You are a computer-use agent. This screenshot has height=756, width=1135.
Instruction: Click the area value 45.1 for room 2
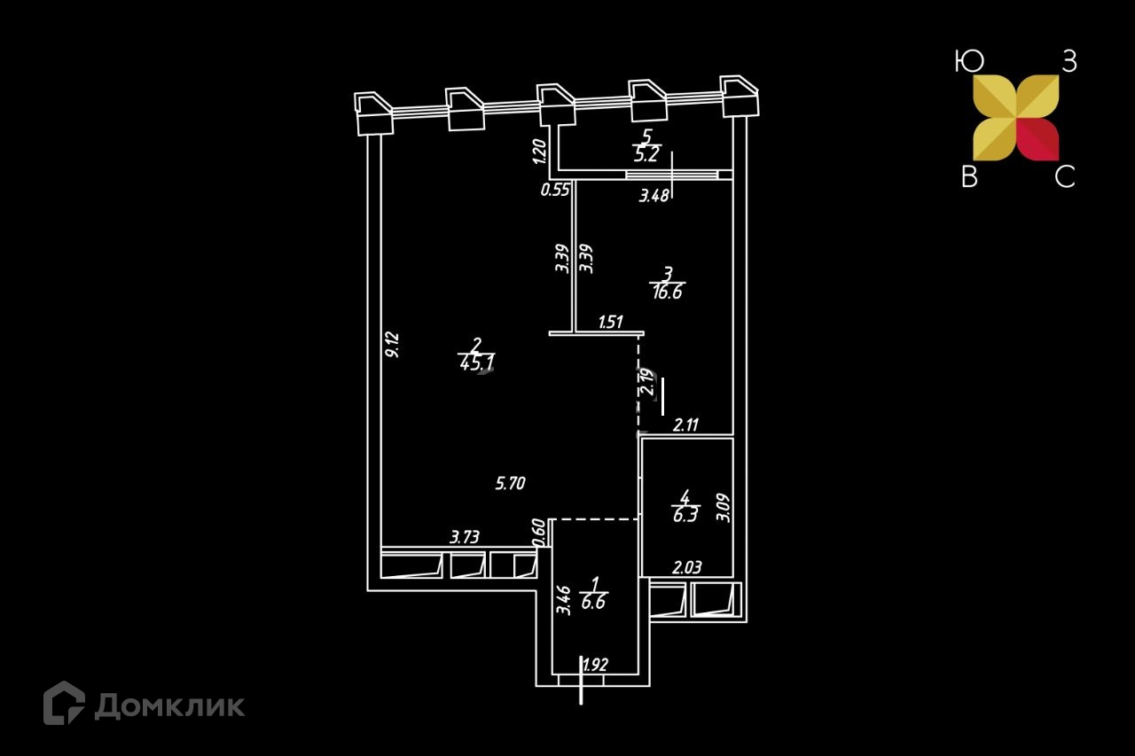coord(477,362)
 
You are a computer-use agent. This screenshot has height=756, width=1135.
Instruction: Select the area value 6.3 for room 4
coord(684,515)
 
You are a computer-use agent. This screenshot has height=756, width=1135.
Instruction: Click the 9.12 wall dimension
coord(393,344)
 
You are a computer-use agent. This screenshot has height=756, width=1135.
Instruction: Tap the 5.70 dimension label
coord(511,483)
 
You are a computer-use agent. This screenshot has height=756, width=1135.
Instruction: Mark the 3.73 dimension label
coord(466,536)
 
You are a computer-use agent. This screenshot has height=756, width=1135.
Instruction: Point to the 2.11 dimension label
coord(686,425)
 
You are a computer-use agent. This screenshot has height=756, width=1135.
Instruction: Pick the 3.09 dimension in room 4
coord(723,507)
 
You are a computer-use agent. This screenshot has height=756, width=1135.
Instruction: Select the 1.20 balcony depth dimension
coord(537,152)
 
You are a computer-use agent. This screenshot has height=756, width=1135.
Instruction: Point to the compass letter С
coord(1064,177)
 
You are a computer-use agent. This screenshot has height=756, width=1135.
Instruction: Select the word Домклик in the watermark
coord(169,705)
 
